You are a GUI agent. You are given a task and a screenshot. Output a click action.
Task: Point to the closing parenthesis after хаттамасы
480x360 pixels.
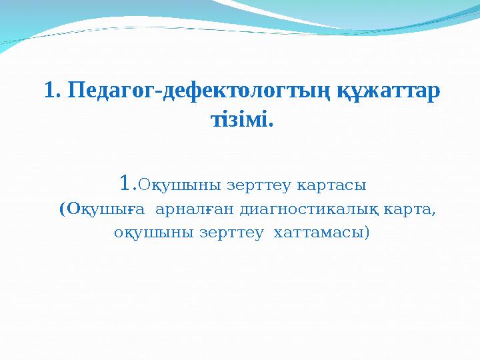coord(366,235)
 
